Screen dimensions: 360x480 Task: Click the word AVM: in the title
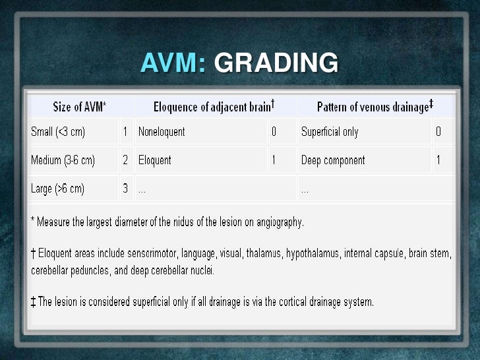pos(173,63)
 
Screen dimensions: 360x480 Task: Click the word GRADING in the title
pos(276,63)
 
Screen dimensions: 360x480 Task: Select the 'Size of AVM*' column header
pos(80,107)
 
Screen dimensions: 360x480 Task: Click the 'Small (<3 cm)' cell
pos(58,132)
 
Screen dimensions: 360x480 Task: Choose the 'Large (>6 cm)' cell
pos(58,189)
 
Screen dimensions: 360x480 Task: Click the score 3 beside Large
pos(125,189)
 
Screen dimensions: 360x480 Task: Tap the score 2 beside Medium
pos(125,160)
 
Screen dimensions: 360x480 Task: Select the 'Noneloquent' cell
pos(162,132)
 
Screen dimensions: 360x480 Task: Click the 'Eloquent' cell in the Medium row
pos(155,160)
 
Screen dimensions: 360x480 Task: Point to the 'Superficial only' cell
pos(330,132)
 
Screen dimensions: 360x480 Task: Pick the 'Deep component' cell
pos(333,160)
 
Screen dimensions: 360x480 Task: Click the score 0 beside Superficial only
pos(438,132)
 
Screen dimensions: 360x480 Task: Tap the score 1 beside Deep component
pos(438,160)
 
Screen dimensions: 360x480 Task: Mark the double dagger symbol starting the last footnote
pos(33,302)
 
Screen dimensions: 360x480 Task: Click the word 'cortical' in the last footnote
pos(291,302)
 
